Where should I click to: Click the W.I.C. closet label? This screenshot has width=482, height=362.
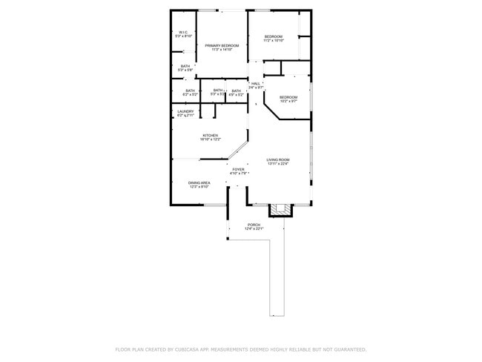183,34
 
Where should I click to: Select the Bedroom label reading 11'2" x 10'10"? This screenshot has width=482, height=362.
274,38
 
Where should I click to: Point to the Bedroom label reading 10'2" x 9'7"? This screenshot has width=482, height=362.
288,99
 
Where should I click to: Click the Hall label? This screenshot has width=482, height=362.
256,85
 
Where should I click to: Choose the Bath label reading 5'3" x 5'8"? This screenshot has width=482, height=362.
185,68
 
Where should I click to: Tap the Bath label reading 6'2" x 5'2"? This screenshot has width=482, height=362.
190,93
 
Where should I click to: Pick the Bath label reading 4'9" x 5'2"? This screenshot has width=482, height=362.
236,93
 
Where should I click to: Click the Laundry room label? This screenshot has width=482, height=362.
185,113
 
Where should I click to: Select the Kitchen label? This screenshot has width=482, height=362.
210,137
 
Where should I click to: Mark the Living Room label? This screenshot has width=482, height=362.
278,162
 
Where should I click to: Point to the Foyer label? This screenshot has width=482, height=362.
238,171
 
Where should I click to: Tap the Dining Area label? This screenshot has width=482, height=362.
199,184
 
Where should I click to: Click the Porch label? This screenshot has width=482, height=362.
254,226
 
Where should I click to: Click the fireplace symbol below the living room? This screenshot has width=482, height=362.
280,210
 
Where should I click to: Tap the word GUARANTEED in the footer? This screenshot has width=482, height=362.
347,349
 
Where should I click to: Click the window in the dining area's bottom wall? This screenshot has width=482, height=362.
214,205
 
